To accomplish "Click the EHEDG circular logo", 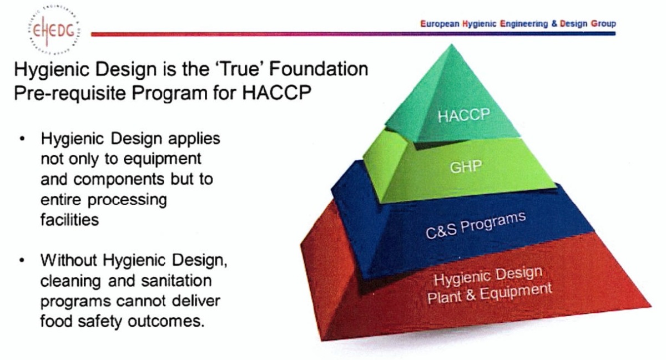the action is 54,30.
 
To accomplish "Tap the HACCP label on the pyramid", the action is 464,115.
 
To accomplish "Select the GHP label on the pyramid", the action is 466,167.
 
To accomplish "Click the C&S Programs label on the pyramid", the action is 476,225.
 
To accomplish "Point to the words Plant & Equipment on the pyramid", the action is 490,294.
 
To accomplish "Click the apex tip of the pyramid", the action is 452,44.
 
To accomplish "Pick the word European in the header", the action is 440,24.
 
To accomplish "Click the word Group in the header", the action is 603,23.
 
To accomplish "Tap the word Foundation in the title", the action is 319,69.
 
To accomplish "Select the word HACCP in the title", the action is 276,93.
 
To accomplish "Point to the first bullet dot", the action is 22,139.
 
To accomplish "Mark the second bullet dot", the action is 22,260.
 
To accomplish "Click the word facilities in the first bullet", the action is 69,220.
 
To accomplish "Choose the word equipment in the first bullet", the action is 162,160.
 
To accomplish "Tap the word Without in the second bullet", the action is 69,260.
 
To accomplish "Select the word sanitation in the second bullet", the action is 176,281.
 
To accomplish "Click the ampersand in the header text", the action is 554,23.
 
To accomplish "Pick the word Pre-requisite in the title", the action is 70,93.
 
